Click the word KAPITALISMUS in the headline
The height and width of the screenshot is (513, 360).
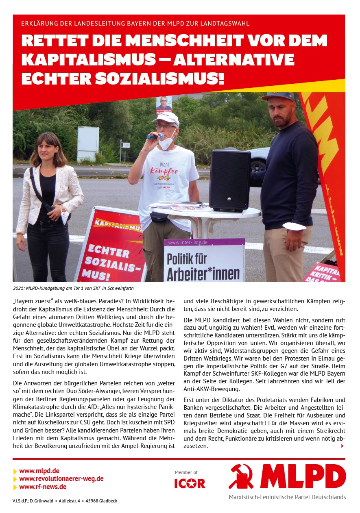click(88, 59)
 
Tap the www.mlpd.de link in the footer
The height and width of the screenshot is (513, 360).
click(39, 471)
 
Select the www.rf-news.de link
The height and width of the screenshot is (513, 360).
click(43, 487)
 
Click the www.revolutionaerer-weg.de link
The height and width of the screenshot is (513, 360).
click(61, 479)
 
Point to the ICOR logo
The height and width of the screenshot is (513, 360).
click(190, 483)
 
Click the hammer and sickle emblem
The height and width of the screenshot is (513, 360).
click(241, 476)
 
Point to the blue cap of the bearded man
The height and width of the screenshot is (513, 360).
click(278, 96)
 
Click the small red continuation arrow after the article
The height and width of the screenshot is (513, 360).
click(342, 446)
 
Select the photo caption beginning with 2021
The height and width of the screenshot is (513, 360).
click(73, 288)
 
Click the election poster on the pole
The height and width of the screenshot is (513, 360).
click(164, 104)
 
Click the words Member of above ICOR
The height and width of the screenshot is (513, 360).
click(186, 472)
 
